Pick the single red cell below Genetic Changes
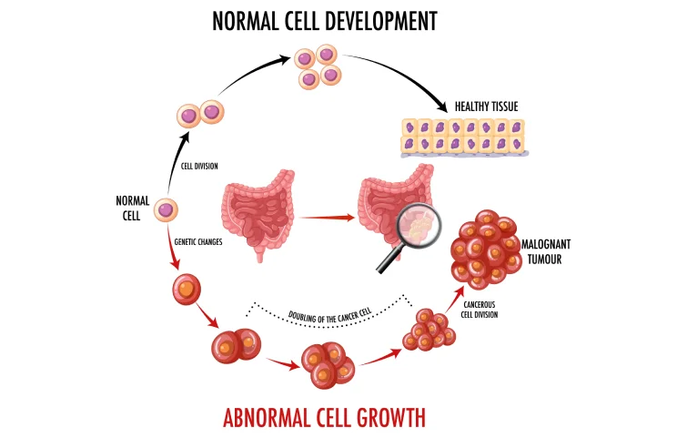[x=185, y=289]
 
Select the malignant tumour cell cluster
[x=481, y=246]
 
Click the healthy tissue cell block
[x=463, y=138]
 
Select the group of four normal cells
[x=318, y=68]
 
